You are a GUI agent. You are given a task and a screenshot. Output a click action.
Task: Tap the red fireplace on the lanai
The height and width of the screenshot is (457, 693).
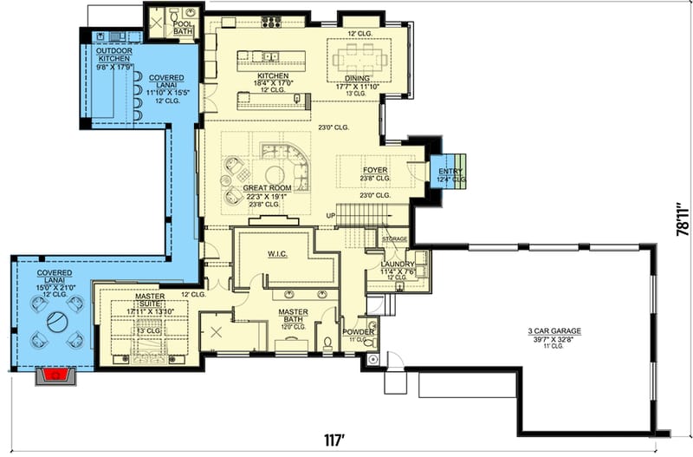(57, 375)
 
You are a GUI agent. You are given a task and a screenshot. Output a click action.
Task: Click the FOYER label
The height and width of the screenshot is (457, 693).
(375, 171)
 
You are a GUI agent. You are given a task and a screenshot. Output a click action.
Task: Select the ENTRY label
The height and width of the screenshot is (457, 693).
(448, 172)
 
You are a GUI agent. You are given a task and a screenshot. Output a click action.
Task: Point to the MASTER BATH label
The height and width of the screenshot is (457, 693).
(294, 315)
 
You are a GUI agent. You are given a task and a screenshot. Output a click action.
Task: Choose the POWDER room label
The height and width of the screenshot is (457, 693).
(358, 331)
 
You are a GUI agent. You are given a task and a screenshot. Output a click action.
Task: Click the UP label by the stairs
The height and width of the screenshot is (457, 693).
(330, 215)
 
